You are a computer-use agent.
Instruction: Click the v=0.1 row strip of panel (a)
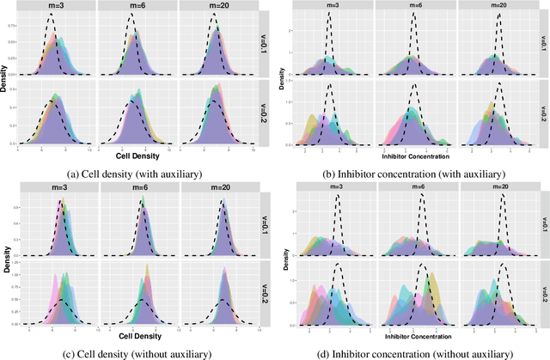[260, 43]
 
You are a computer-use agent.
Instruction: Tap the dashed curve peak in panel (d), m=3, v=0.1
[338, 197]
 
